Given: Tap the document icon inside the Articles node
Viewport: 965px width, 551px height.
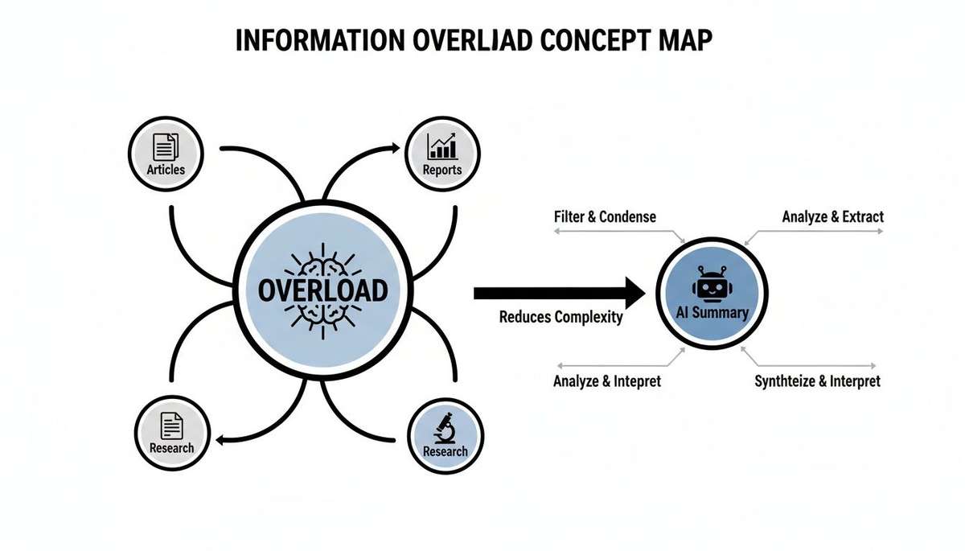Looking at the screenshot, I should tap(166, 146).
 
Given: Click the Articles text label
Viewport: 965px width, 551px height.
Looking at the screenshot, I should tap(166, 170).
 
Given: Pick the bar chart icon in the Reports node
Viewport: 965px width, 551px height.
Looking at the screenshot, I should tap(442, 146).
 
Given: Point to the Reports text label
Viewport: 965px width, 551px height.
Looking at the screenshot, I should tap(442, 170).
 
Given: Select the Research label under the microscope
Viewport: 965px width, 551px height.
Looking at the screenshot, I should tap(445, 451).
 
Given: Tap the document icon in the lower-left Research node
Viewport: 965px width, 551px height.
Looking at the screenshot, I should tap(171, 424).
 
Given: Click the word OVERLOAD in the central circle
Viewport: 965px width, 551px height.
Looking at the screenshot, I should tap(322, 290).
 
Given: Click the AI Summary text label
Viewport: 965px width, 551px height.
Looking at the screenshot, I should tap(712, 313).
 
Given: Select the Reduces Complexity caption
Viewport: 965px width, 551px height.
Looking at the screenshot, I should tap(561, 317).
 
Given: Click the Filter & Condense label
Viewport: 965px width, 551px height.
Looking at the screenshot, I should tap(605, 216).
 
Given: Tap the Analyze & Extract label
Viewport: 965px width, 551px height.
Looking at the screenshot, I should tap(832, 216).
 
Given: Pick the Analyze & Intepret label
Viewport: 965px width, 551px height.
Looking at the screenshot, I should tap(606, 381).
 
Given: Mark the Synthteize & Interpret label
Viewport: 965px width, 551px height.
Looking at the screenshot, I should tap(817, 381).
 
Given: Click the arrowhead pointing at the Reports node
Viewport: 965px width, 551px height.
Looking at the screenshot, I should tap(395, 147).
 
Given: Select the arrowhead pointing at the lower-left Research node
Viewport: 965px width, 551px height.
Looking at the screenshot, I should tap(222, 438).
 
